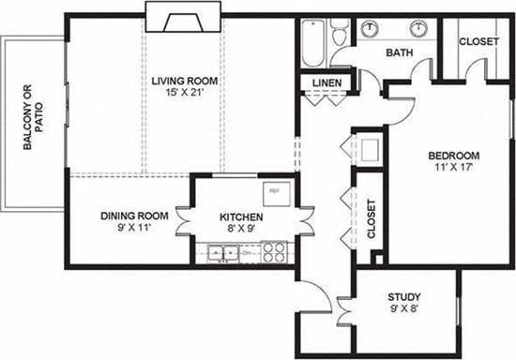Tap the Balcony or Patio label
pyautogui.click(x=33, y=118)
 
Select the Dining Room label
pyautogui.click(x=134, y=216)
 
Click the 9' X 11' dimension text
pyautogui.click(x=134, y=228)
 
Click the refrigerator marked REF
pyautogui.click(x=276, y=191)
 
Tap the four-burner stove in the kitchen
pyautogui.click(x=274, y=251)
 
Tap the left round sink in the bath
pyautogui.click(x=371, y=29)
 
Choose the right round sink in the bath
pyautogui.click(x=414, y=29)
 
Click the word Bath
pyautogui.click(x=399, y=53)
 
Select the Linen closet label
pyautogui.click(x=326, y=85)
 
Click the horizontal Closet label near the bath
pyautogui.click(x=477, y=42)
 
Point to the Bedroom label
pyautogui.click(x=455, y=156)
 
